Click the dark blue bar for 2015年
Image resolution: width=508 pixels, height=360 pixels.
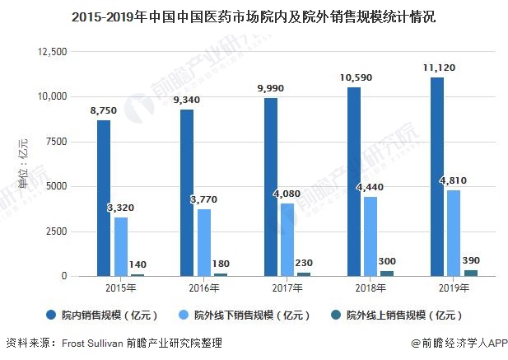pos(104,198)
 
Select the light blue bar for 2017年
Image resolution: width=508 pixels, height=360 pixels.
pos(287,239)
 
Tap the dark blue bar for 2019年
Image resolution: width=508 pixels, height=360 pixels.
pos(437,176)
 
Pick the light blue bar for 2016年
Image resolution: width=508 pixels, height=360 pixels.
pos(204,242)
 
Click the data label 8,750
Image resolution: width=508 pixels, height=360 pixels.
pos(104,110)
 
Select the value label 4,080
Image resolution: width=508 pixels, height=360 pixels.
pos(288,194)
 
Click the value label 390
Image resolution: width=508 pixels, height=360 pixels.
pos(470,260)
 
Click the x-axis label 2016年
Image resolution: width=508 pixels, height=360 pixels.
pos(204,288)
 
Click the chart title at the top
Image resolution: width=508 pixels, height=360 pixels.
pos(254,16)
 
